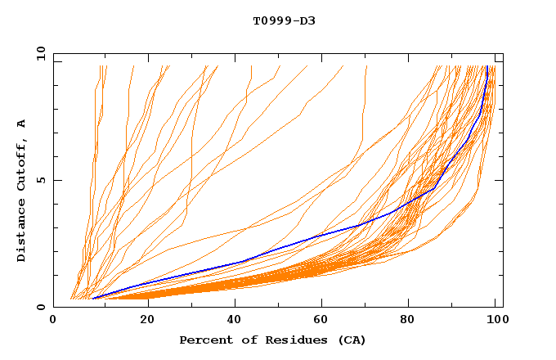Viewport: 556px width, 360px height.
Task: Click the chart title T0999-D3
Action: click(x=284, y=20)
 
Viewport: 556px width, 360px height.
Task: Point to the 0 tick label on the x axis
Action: click(x=53, y=321)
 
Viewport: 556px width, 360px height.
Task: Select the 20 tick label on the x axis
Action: click(x=148, y=321)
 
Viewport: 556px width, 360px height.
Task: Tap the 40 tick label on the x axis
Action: click(x=237, y=321)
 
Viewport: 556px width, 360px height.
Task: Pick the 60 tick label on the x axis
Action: click(x=325, y=321)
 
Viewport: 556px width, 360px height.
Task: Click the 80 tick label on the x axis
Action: click(x=415, y=321)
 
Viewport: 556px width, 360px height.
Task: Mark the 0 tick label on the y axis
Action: click(x=40, y=308)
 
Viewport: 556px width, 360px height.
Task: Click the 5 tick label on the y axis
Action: click(x=40, y=181)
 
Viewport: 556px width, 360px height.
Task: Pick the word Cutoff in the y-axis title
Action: click(x=21, y=164)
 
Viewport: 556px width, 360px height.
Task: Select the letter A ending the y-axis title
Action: click(x=21, y=124)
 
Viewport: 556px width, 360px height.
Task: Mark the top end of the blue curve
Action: click(x=487, y=66)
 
